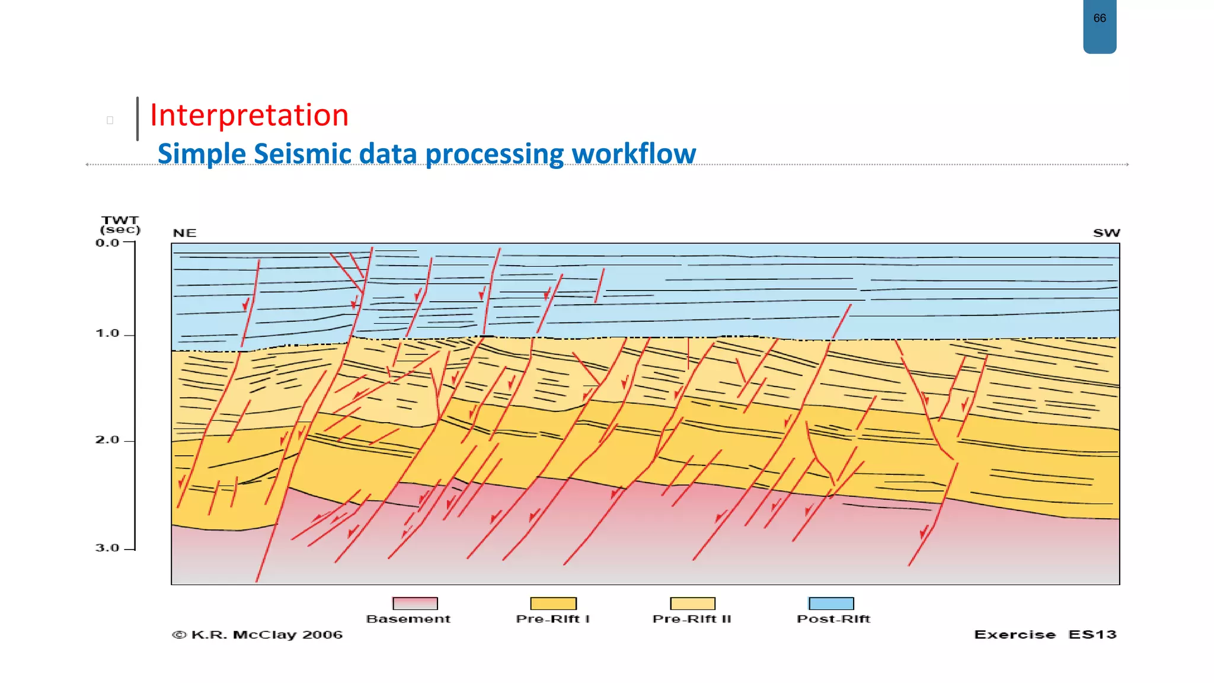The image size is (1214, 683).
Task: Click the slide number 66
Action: (1099, 18)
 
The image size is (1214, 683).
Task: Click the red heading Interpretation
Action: (249, 115)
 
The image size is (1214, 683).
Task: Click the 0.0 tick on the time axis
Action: (107, 243)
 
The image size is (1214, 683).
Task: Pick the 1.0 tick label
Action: (107, 334)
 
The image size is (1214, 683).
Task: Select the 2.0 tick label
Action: (107, 440)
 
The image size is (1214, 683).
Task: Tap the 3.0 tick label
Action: (107, 548)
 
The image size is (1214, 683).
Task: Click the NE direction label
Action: (184, 233)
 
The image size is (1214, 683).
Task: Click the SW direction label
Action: (1106, 233)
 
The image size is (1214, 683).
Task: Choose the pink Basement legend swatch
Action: (415, 604)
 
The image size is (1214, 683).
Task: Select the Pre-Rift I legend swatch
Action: (553, 604)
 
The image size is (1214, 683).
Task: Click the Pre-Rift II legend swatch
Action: (692, 604)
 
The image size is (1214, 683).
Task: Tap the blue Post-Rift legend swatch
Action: (831, 604)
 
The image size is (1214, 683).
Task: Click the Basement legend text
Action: (408, 619)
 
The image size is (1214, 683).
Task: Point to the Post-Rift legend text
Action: (833, 619)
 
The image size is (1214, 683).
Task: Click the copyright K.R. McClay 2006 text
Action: (257, 635)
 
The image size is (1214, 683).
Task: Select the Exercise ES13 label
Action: (1044, 635)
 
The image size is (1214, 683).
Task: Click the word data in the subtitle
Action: (388, 154)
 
